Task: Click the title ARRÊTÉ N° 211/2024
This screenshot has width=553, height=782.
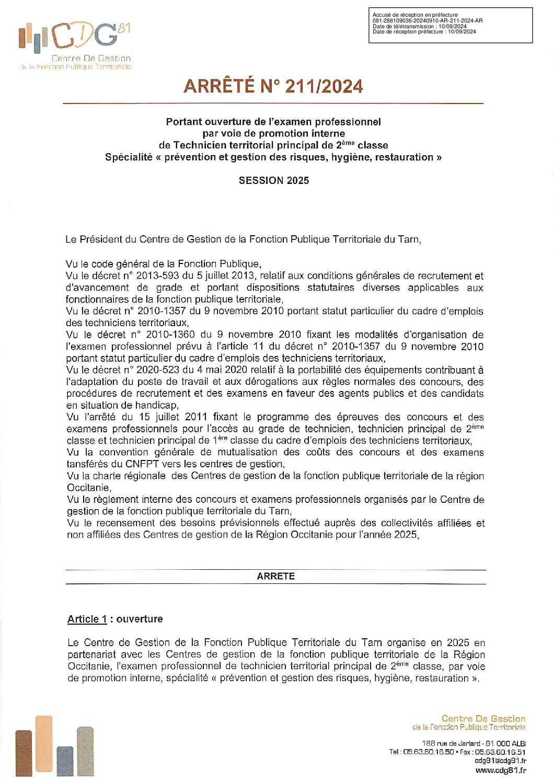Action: (x=273, y=86)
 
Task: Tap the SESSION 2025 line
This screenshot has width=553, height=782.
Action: (x=274, y=180)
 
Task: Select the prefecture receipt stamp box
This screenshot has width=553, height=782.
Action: (x=450, y=25)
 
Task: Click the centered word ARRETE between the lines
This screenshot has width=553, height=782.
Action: (x=275, y=576)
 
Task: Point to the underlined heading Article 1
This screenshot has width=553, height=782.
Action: (x=87, y=619)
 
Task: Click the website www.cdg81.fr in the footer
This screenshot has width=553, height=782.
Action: (x=500, y=770)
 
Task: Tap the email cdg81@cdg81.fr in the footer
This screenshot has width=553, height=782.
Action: (x=500, y=761)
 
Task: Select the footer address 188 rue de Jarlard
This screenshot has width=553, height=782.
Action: (x=451, y=743)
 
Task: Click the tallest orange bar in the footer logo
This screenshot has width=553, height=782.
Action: (x=44, y=743)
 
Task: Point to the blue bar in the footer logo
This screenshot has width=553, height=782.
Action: (x=65, y=761)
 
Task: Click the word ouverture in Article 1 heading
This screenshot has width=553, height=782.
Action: (x=140, y=619)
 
